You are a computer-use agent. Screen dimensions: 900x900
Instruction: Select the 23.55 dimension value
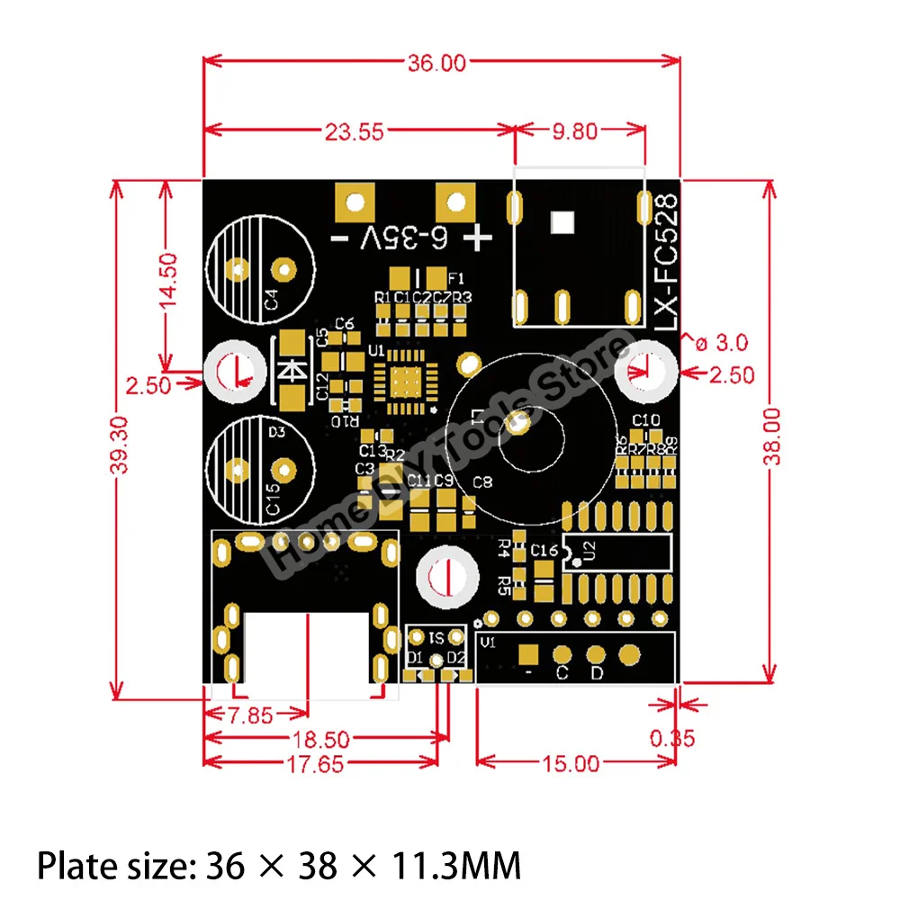point(355,131)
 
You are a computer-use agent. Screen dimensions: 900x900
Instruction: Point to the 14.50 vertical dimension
point(168,281)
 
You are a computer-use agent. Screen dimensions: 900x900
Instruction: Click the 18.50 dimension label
point(321,740)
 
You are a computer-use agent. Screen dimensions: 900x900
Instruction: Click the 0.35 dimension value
point(672,738)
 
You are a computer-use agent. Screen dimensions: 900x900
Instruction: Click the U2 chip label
point(590,552)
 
